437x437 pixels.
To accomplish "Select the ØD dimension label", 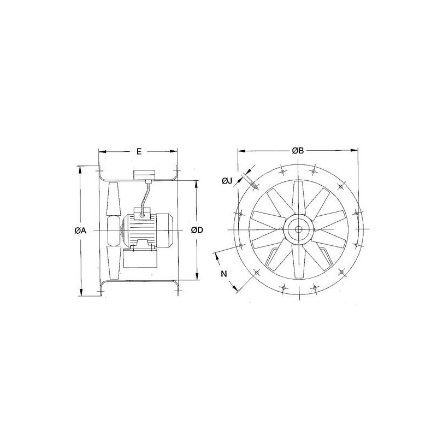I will (x=197, y=231).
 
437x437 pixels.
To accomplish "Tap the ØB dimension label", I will (x=298, y=151).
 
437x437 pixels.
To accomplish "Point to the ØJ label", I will (x=228, y=181).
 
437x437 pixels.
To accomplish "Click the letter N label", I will (x=223, y=274).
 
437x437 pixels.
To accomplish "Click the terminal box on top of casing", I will (x=144, y=174).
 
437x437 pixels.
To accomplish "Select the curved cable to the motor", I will (x=146, y=197).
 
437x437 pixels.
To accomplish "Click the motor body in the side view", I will (x=147, y=230).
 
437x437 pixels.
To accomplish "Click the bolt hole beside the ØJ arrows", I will (x=255, y=187).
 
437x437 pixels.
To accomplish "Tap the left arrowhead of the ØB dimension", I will (x=239, y=151).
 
